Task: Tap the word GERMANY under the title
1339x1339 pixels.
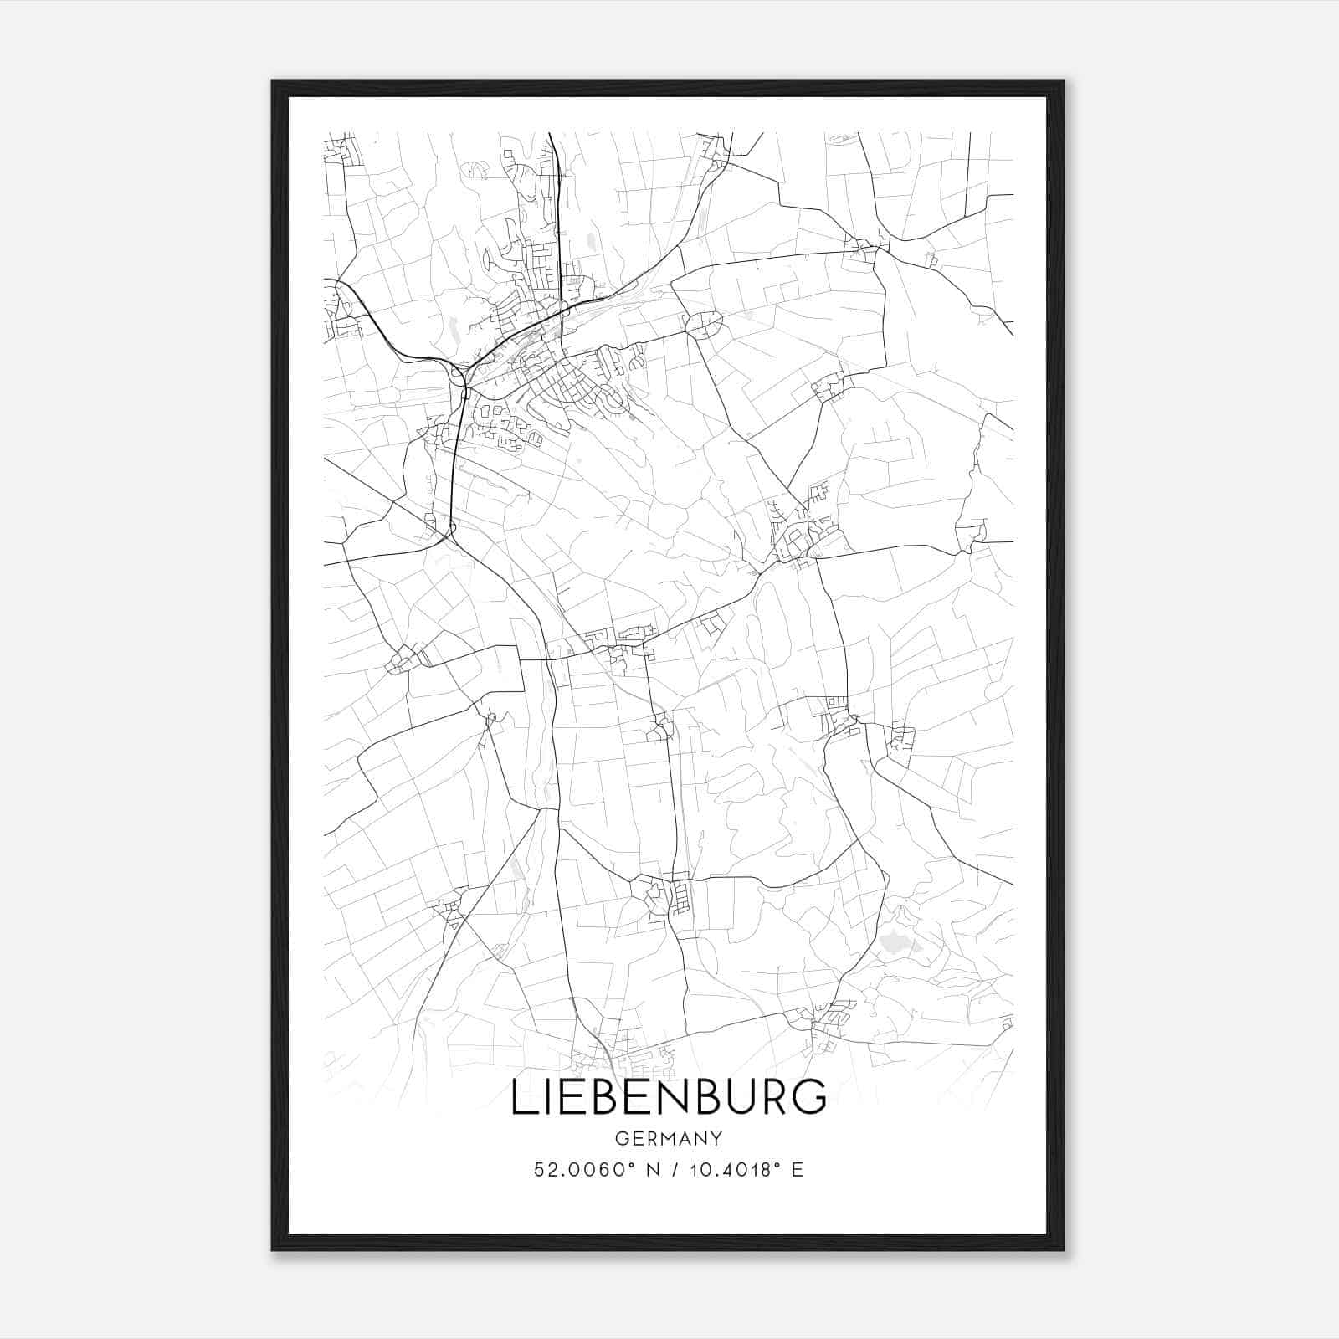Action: point(669,1139)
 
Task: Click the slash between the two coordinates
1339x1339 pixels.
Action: point(675,1170)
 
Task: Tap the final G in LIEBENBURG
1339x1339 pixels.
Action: point(809,1097)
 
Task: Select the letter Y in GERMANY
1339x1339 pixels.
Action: point(716,1139)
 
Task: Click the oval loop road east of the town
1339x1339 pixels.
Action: point(703,324)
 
